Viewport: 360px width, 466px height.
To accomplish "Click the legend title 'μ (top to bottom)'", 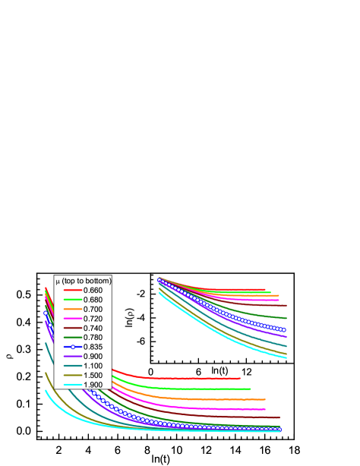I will tap(84, 281).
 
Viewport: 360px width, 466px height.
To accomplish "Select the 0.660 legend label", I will tap(93, 290).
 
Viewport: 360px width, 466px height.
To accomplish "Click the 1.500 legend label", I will tap(93, 375).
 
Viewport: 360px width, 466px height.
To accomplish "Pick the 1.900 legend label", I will tap(93, 385).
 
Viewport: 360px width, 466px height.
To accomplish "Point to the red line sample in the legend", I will tap(72, 290).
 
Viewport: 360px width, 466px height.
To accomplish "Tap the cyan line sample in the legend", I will tap(72, 385).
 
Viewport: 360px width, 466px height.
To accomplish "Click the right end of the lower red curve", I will tap(240, 378).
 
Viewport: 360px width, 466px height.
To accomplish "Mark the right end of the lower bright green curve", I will tap(251, 389).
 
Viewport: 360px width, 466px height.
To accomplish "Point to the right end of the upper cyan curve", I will tap(286, 357).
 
